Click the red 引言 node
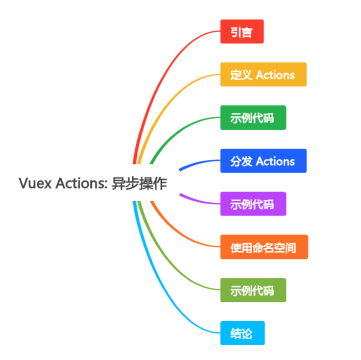[242, 32]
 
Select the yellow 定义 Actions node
[263, 75]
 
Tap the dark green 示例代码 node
[253, 118]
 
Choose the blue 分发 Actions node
[263, 161]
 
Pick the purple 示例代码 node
[253, 204]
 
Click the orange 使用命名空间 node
[263, 247]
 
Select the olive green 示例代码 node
[253, 290]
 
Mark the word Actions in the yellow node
[275, 75]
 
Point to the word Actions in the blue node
[275, 161]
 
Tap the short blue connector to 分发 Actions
[197, 164]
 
